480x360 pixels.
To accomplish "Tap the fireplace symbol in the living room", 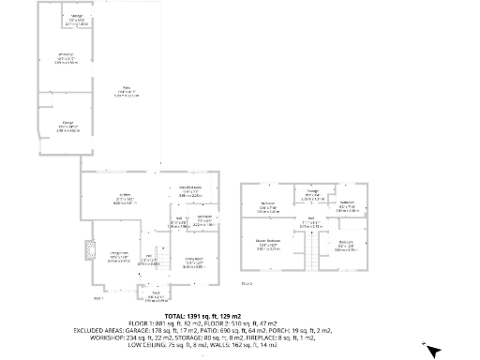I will [90, 249].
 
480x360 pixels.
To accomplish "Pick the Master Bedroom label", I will [269, 247].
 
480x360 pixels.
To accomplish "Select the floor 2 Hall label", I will [310, 224].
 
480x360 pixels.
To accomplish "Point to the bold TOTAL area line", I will [239, 317].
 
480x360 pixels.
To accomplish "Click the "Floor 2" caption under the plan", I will [247, 282].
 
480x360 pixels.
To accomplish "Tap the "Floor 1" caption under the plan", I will [98, 298].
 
